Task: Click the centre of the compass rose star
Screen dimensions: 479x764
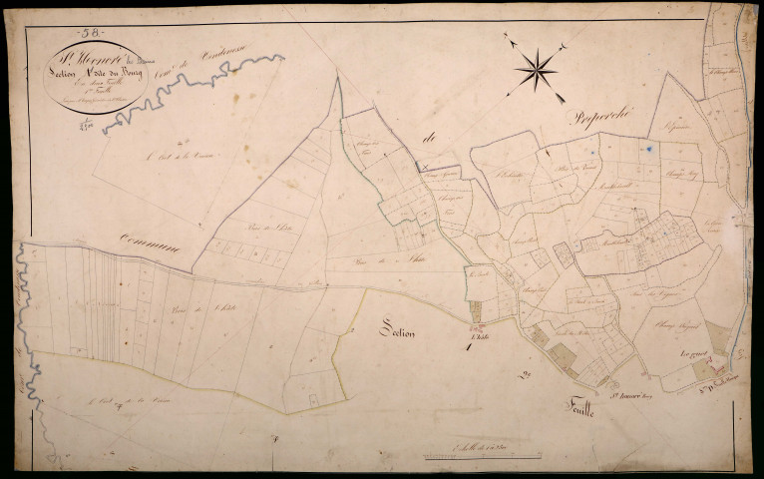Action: click(537, 69)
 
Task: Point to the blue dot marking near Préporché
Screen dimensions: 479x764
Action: click(649, 148)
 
